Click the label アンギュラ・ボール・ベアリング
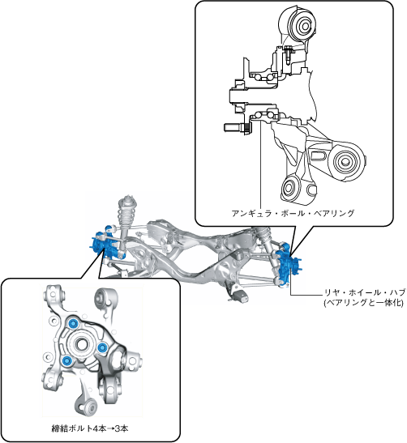click(x=293, y=213)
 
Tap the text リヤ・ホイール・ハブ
click(x=365, y=292)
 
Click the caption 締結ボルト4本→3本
click(x=90, y=428)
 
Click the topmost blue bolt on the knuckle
click(x=73, y=323)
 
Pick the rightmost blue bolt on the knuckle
click(x=102, y=347)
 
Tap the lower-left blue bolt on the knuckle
click(x=66, y=360)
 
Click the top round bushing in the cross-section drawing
click(x=305, y=26)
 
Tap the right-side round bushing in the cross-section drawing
click(x=345, y=161)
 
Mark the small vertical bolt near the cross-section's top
click(x=288, y=55)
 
